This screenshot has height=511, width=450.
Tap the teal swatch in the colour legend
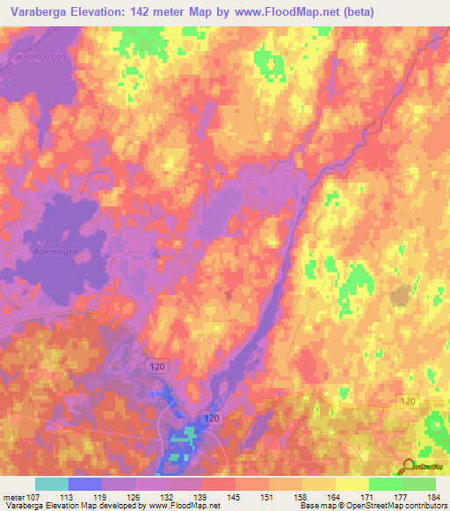pyautogui.click(x=52, y=484)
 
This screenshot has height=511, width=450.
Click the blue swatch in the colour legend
pyautogui.click(x=85, y=484)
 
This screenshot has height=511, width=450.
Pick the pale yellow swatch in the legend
pyautogui.click(x=352, y=484)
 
